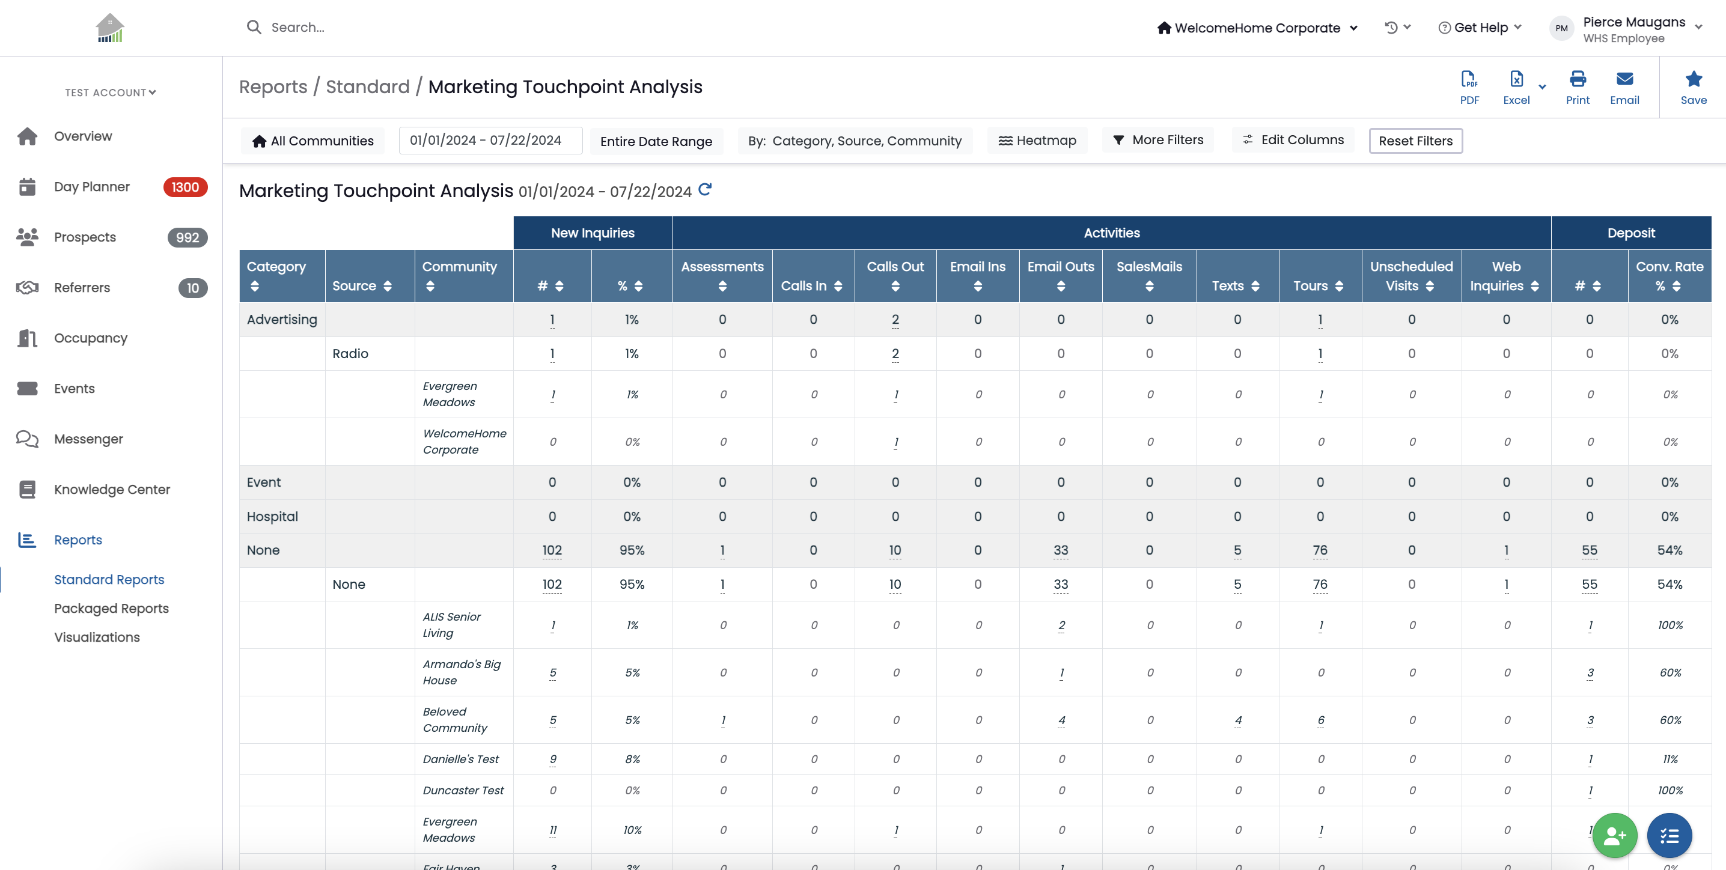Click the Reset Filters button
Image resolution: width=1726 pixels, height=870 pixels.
coord(1415,141)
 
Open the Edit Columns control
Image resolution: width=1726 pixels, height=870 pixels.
coord(1293,140)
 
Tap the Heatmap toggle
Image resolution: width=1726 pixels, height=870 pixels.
coord(1037,141)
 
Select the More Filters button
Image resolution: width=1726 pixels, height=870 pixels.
coord(1158,140)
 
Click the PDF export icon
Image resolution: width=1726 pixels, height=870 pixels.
coord(1469,80)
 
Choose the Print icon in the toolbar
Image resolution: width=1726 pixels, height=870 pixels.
coord(1578,79)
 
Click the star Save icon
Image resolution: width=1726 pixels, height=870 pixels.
coord(1694,79)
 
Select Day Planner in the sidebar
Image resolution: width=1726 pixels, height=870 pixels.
coord(92,187)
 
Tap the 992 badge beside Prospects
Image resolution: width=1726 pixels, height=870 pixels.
coord(188,238)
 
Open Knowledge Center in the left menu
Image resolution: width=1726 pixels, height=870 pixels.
coord(112,490)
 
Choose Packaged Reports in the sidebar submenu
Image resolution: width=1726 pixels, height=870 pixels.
coord(111,609)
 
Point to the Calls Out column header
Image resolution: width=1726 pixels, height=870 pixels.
coord(895,276)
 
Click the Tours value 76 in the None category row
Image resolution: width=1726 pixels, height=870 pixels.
coord(1320,550)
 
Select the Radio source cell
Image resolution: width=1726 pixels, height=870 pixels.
coord(350,354)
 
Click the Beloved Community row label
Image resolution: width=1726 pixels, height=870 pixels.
coord(455,720)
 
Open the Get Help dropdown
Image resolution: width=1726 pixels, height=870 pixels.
coord(1480,28)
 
